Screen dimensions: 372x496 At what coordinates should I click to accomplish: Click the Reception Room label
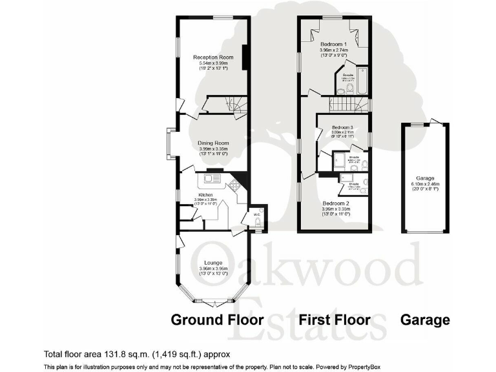[x=212, y=57]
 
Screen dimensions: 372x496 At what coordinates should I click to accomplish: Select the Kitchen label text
[x=205, y=194]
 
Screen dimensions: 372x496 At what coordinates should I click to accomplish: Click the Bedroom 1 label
[x=334, y=44]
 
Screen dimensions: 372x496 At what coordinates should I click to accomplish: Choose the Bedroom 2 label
[x=335, y=203]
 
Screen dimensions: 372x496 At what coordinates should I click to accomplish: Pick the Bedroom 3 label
[x=343, y=128]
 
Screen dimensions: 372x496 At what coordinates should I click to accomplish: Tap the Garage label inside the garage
[x=425, y=178]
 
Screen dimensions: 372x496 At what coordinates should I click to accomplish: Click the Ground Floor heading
[x=216, y=320]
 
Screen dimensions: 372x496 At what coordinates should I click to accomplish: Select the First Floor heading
[x=334, y=320]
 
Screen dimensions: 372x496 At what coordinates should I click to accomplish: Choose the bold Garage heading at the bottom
[x=425, y=320]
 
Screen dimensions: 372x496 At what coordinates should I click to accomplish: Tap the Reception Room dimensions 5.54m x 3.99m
[x=212, y=63]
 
